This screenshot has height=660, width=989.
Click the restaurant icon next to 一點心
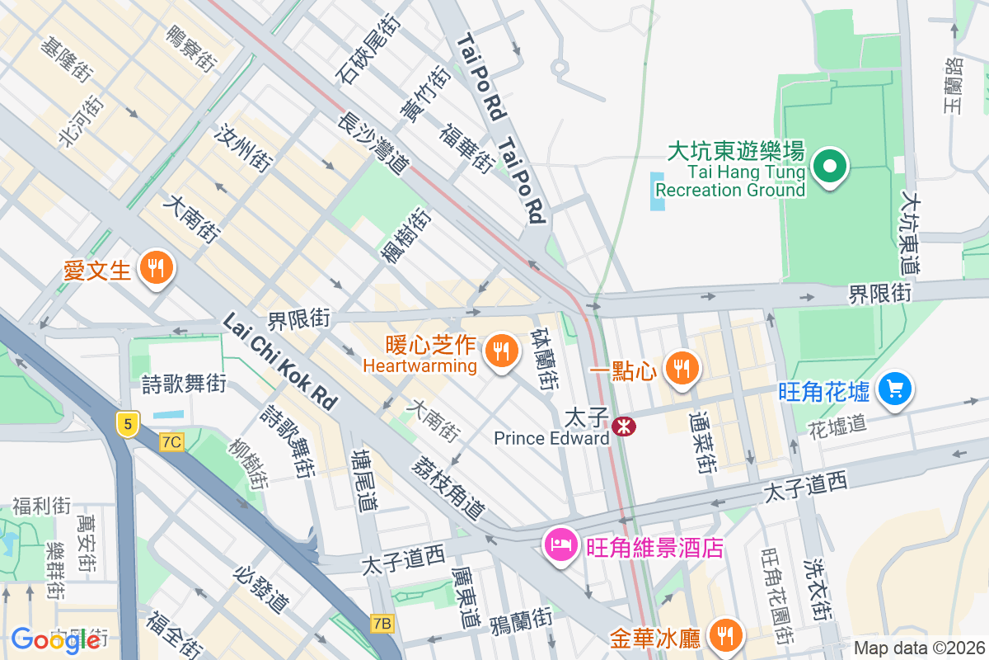click(x=681, y=368)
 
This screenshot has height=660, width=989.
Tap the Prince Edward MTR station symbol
click(x=625, y=426)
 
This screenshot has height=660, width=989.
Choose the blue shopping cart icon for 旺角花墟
click(x=895, y=388)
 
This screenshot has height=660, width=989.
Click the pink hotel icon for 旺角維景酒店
click(x=560, y=545)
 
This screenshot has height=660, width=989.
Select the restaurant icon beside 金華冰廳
click(x=725, y=634)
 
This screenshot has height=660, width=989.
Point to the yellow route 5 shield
click(x=125, y=424)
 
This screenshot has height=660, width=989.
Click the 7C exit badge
click(x=171, y=442)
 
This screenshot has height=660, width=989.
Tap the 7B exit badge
click(x=382, y=623)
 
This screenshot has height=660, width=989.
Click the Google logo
click(x=55, y=639)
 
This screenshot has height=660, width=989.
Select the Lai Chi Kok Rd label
click(x=280, y=361)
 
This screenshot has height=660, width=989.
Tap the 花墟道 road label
click(x=837, y=425)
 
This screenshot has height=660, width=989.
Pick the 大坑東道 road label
click(x=910, y=233)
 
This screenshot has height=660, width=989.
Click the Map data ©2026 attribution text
click(x=919, y=648)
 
